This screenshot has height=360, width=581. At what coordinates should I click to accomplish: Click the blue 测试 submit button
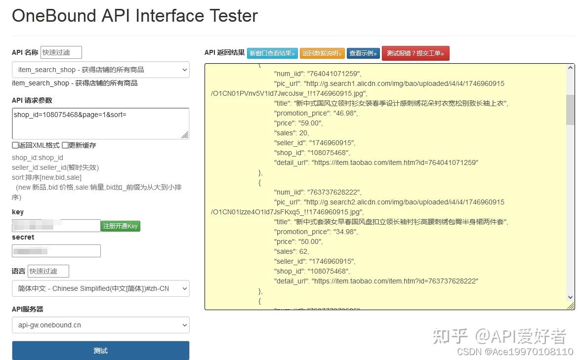(x=100, y=350)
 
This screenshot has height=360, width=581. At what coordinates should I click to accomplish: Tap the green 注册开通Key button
(x=121, y=226)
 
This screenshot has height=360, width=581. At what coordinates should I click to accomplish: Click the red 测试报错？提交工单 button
(x=415, y=53)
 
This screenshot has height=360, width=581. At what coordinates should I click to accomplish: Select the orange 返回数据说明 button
(x=322, y=53)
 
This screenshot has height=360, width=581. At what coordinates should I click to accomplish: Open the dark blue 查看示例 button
(x=363, y=53)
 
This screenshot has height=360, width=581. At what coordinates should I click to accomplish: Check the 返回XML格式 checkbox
(x=15, y=145)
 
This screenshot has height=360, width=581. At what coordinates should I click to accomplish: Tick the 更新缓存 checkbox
(x=65, y=145)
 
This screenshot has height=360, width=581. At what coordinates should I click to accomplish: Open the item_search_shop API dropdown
(x=100, y=70)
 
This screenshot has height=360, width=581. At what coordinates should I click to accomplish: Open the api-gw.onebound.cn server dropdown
(x=100, y=325)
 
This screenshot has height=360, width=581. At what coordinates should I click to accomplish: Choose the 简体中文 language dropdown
(x=100, y=288)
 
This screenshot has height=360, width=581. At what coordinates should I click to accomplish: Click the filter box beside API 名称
(x=61, y=52)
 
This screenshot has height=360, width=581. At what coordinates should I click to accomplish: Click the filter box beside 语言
(x=48, y=271)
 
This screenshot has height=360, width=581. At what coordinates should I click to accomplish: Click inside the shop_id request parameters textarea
(x=100, y=123)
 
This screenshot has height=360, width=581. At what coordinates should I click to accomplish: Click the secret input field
(x=56, y=251)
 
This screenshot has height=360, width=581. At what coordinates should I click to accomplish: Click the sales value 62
(x=304, y=251)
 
